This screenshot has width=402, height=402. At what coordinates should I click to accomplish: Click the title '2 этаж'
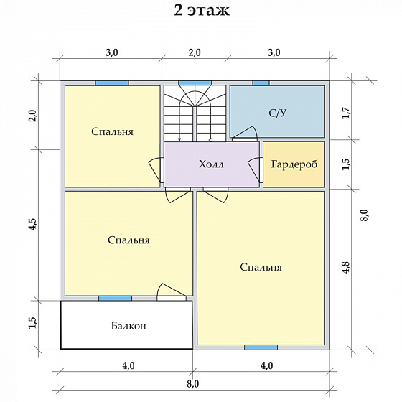tap(202, 11)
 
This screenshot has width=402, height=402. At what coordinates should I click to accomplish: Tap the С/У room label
tap(278, 113)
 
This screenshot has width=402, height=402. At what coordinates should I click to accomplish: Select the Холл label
tap(211, 164)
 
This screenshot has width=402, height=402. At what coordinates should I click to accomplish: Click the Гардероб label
tap(294, 164)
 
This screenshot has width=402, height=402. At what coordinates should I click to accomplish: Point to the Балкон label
tap(128, 326)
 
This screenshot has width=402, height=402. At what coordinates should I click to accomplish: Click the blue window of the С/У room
tap(261, 83)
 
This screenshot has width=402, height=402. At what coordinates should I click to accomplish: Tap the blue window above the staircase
tap(195, 83)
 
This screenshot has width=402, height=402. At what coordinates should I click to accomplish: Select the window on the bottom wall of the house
tap(261, 347)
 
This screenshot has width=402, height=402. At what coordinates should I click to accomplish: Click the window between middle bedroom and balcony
tap(116, 298)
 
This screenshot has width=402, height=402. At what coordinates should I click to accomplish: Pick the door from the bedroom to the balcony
tap(172, 292)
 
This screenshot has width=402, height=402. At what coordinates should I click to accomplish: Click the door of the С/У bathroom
tap(245, 134)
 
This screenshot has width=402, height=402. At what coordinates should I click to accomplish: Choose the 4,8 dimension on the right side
tap(346, 267)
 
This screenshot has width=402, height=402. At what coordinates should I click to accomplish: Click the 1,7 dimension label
tap(346, 113)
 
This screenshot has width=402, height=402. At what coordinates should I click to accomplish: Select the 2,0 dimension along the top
tap(195, 53)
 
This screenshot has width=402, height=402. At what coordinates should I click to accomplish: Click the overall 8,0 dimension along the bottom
tap(193, 384)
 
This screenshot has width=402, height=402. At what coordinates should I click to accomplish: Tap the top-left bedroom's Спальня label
tap(112, 131)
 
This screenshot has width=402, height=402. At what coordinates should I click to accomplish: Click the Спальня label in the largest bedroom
tap(261, 267)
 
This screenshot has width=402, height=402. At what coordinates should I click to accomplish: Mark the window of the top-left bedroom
tap(112, 83)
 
